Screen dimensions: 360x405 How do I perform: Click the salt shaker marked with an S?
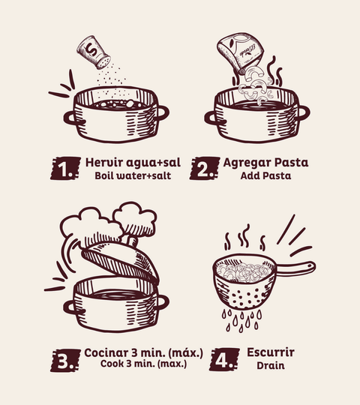[94, 52]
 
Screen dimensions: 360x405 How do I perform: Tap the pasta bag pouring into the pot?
[240, 52]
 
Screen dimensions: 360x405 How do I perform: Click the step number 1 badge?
[65, 168]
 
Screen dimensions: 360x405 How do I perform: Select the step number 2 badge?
[205, 168]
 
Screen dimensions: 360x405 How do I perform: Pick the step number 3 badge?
[65, 360]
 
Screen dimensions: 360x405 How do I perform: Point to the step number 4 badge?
[224, 359]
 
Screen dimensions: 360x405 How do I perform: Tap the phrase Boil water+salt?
[133, 175]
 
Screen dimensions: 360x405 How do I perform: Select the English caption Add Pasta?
[265, 175]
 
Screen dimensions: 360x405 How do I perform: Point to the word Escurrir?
[271, 352]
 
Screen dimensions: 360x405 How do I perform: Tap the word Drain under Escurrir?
[271, 365]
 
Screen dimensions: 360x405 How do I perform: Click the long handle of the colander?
[295, 268]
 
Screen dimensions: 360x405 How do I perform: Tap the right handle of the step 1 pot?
[162, 113]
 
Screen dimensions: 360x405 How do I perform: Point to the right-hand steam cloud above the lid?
[135, 218]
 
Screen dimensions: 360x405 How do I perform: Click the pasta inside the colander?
[244, 271]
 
